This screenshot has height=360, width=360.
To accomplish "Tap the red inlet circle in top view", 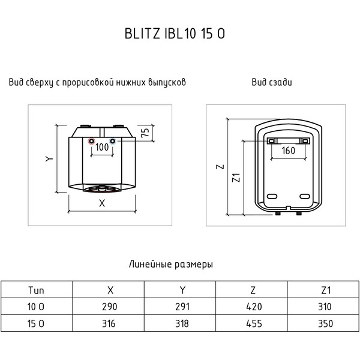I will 91,143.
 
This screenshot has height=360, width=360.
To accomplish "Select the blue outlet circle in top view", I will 113,143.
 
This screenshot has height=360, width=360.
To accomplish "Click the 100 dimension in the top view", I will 102,147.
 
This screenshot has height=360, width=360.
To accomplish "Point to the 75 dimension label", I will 145,133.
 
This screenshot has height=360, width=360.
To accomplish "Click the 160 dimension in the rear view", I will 288,151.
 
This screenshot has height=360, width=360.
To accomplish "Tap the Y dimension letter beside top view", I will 50,159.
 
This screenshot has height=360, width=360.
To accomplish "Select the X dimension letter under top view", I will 101,203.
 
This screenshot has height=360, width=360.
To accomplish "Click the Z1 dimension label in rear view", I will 236,178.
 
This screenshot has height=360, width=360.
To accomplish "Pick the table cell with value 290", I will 109,307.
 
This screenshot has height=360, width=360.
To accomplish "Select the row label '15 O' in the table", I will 36,324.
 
